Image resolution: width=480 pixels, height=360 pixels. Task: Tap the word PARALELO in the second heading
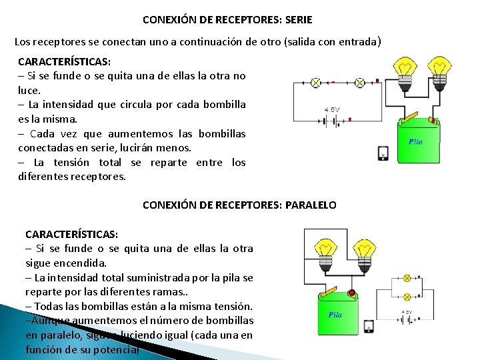pyautogui.click(x=311, y=205)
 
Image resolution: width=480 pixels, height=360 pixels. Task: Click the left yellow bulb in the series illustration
pyautogui.click(x=405, y=68)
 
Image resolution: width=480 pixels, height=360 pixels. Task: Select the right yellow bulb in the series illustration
pyautogui.click(x=439, y=68)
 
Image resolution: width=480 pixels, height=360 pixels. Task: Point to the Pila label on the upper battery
pyautogui.click(x=415, y=141)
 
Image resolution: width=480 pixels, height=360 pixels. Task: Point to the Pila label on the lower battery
pyautogui.click(x=335, y=314)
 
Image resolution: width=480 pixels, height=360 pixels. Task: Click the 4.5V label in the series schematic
pyautogui.click(x=331, y=109)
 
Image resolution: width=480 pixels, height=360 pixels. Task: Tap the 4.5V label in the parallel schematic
pyautogui.click(x=406, y=311)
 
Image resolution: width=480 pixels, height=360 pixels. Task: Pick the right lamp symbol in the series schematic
pyautogui.click(x=359, y=83)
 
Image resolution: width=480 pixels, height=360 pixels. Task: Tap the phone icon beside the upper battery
pyautogui.click(x=383, y=153)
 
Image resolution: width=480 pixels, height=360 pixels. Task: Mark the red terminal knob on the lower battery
pyautogui.click(x=351, y=292)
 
